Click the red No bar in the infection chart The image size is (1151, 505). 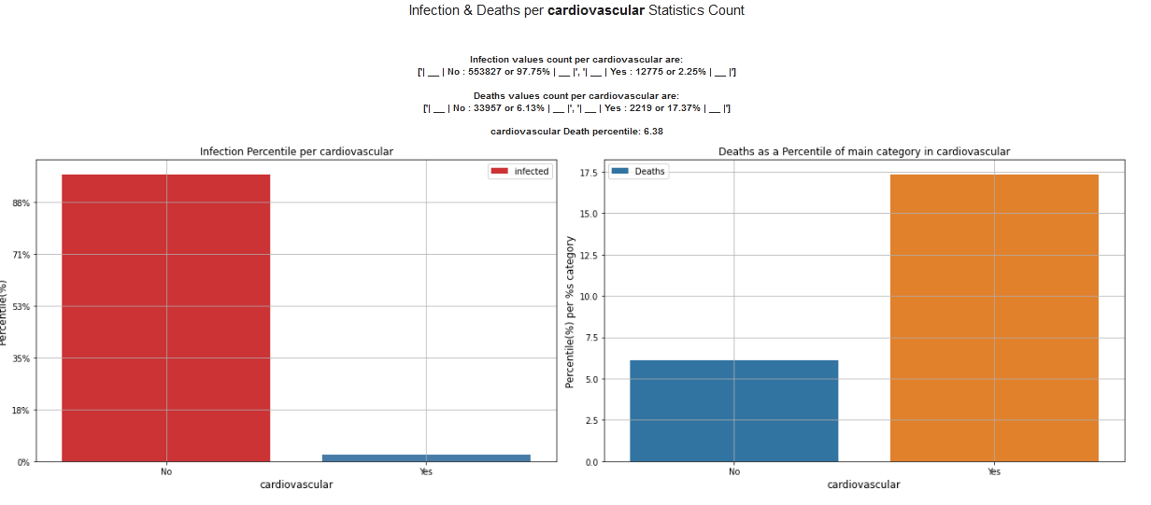pos(165,317)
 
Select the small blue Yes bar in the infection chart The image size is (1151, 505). pos(426,457)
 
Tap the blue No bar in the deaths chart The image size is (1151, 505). pos(733,411)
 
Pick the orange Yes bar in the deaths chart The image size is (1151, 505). pos(994,317)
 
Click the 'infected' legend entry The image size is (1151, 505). pos(520,172)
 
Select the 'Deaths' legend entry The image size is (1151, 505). pos(639,172)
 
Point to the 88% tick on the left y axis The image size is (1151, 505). pos(21,203)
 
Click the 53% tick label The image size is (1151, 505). pos(21,306)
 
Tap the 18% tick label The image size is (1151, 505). pos(21,410)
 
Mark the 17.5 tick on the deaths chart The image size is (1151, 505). pos(589,173)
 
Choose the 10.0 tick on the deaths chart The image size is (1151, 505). pos(589,296)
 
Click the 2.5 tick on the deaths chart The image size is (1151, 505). pos(591,420)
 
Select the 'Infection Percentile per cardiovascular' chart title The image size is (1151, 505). pos(296,151)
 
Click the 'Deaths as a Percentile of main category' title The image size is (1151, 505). pos(864,151)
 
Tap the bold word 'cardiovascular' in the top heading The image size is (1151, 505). pos(595,10)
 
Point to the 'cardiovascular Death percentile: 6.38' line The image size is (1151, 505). pos(576,132)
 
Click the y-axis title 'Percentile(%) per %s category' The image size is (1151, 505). pos(570,312)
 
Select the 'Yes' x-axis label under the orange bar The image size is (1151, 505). pos(994,471)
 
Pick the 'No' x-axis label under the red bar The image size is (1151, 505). pos(165,471)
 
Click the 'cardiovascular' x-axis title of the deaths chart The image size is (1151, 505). pos(863,485)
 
